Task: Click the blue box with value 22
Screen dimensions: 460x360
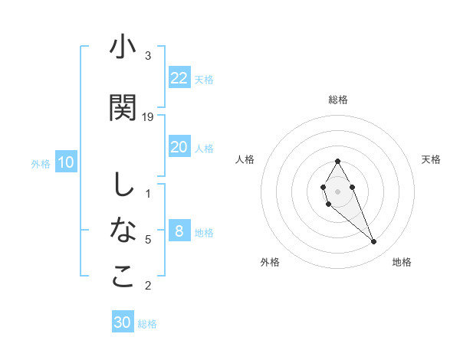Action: (x=179, y=78)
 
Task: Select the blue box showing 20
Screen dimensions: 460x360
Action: (x=179, y=147)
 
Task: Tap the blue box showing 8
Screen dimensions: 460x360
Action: (x=179, y=231)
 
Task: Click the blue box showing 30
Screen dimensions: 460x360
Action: (x=123, y=322)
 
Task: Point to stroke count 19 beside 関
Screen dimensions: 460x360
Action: (x=149, y=116)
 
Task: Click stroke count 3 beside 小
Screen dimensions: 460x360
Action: (x=148, y=55)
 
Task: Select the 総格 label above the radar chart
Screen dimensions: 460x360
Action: (x=338, y=100)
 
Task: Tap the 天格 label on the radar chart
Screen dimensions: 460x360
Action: (x=431, y=159)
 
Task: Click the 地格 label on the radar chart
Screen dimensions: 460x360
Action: (x=402, y=262)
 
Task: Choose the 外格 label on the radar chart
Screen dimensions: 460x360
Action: (x=270, y=262)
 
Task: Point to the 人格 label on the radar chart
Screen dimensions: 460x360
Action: (x=245, y=159)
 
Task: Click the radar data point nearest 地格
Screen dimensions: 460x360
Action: (x=374, y=242)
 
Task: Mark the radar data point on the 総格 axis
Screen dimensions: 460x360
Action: (x=337, y=161)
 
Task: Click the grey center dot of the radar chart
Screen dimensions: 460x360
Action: (x=337, y=191)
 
